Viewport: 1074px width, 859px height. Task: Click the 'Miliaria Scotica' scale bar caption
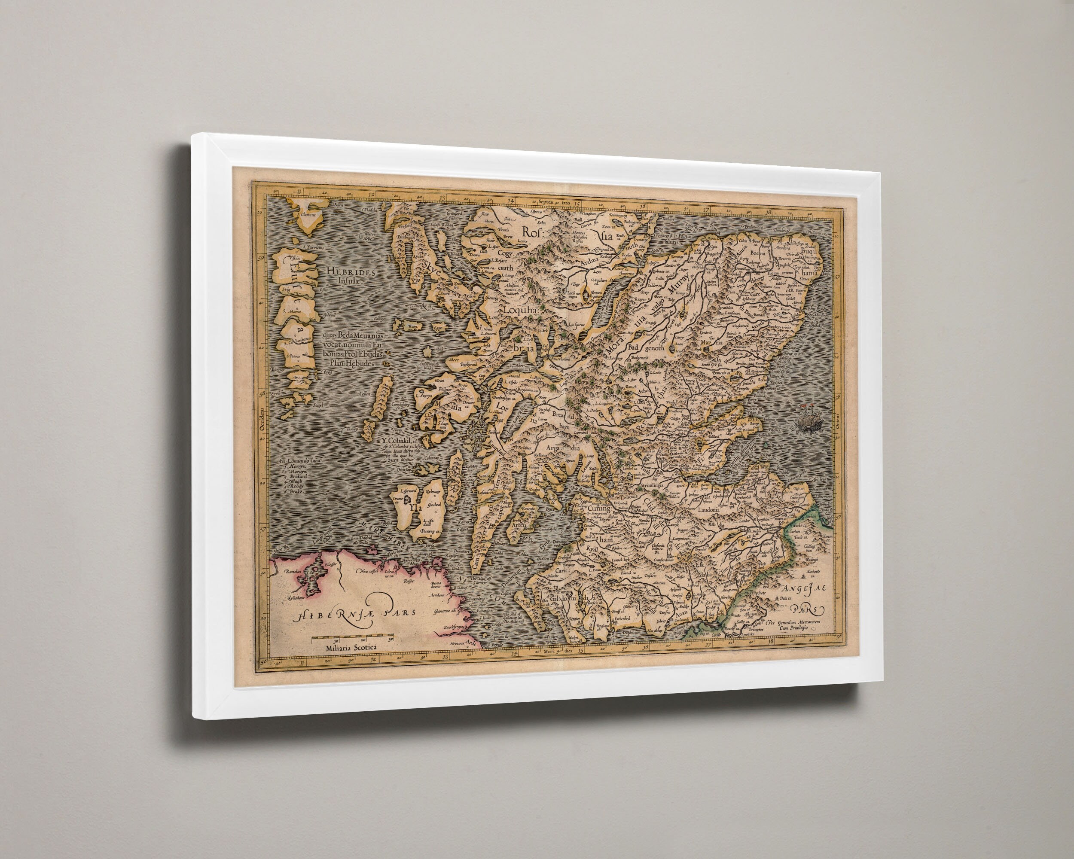[x=351, y=647]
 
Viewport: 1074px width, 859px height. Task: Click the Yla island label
[x=412, y=508]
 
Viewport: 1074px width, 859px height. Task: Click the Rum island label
[x=412, y=327]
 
